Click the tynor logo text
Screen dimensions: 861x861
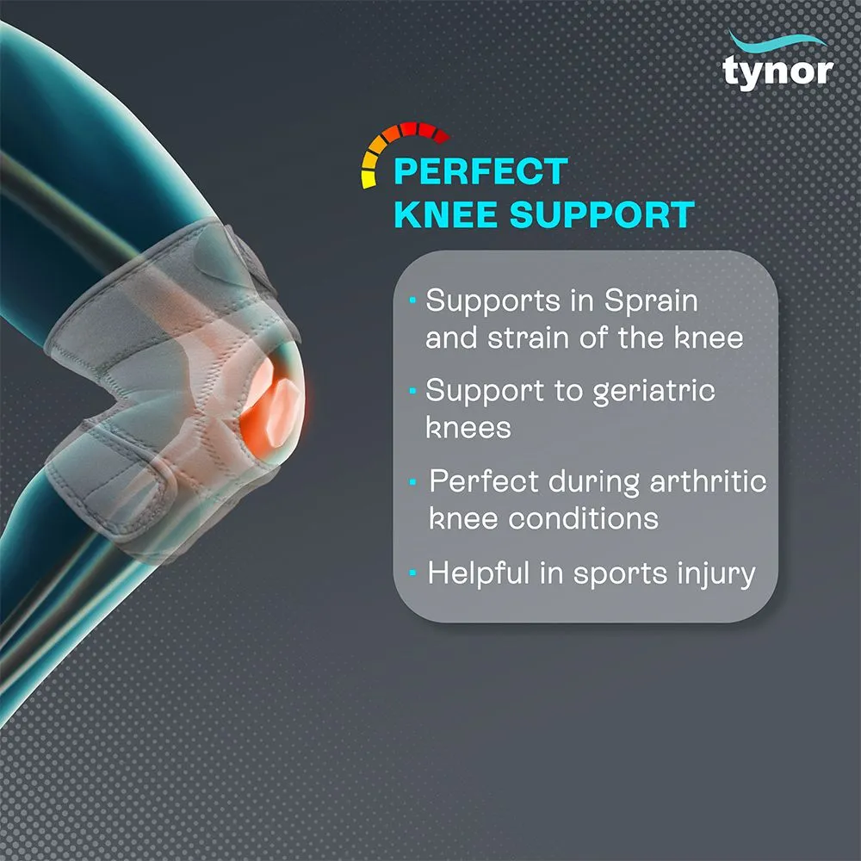(777, 71)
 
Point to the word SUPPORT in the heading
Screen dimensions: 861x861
(602, 214)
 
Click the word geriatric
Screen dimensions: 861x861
(654, 392)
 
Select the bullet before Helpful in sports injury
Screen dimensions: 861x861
(415, 572)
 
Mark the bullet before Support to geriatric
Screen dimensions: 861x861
(413, 389)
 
